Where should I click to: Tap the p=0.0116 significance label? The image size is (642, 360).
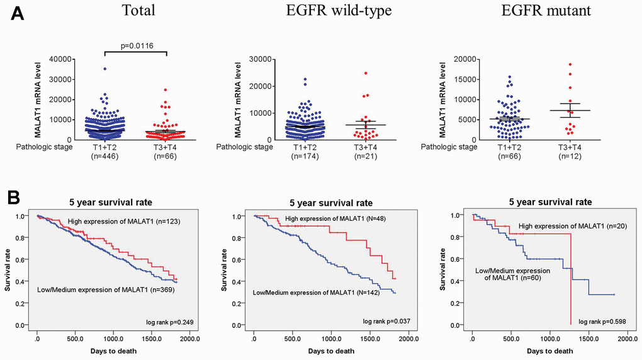(x=137, y=45)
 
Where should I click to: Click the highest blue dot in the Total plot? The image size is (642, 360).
(x=105, y=69)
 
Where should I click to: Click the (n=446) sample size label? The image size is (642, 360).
(x=105, y=156)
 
